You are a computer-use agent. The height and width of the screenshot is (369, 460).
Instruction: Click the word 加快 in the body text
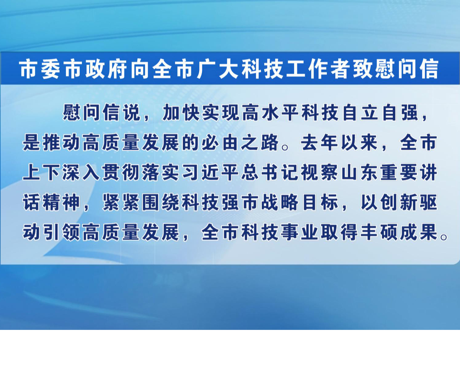point(181,113)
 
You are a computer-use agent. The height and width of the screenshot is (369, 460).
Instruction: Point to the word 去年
point(319,143)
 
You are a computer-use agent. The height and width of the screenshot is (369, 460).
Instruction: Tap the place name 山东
point(359,172)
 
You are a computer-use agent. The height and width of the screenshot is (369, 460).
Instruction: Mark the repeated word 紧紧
point(121,202)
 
